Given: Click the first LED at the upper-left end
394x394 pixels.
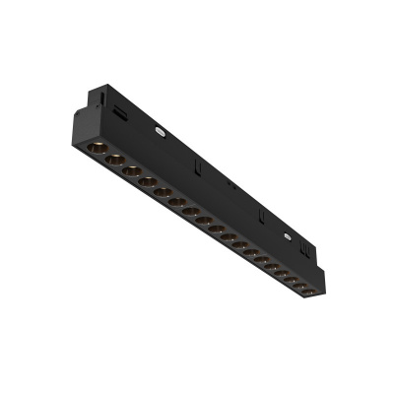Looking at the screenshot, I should pos(97,148).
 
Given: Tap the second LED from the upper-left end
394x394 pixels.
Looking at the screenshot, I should pos(114,160).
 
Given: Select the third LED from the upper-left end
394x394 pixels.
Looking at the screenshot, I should pos(132,170).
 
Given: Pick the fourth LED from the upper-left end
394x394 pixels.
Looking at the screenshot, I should pos(148,181).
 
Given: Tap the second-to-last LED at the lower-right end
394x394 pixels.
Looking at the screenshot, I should pos(295,285).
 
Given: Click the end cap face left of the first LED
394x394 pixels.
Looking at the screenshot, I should pos(81,138).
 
